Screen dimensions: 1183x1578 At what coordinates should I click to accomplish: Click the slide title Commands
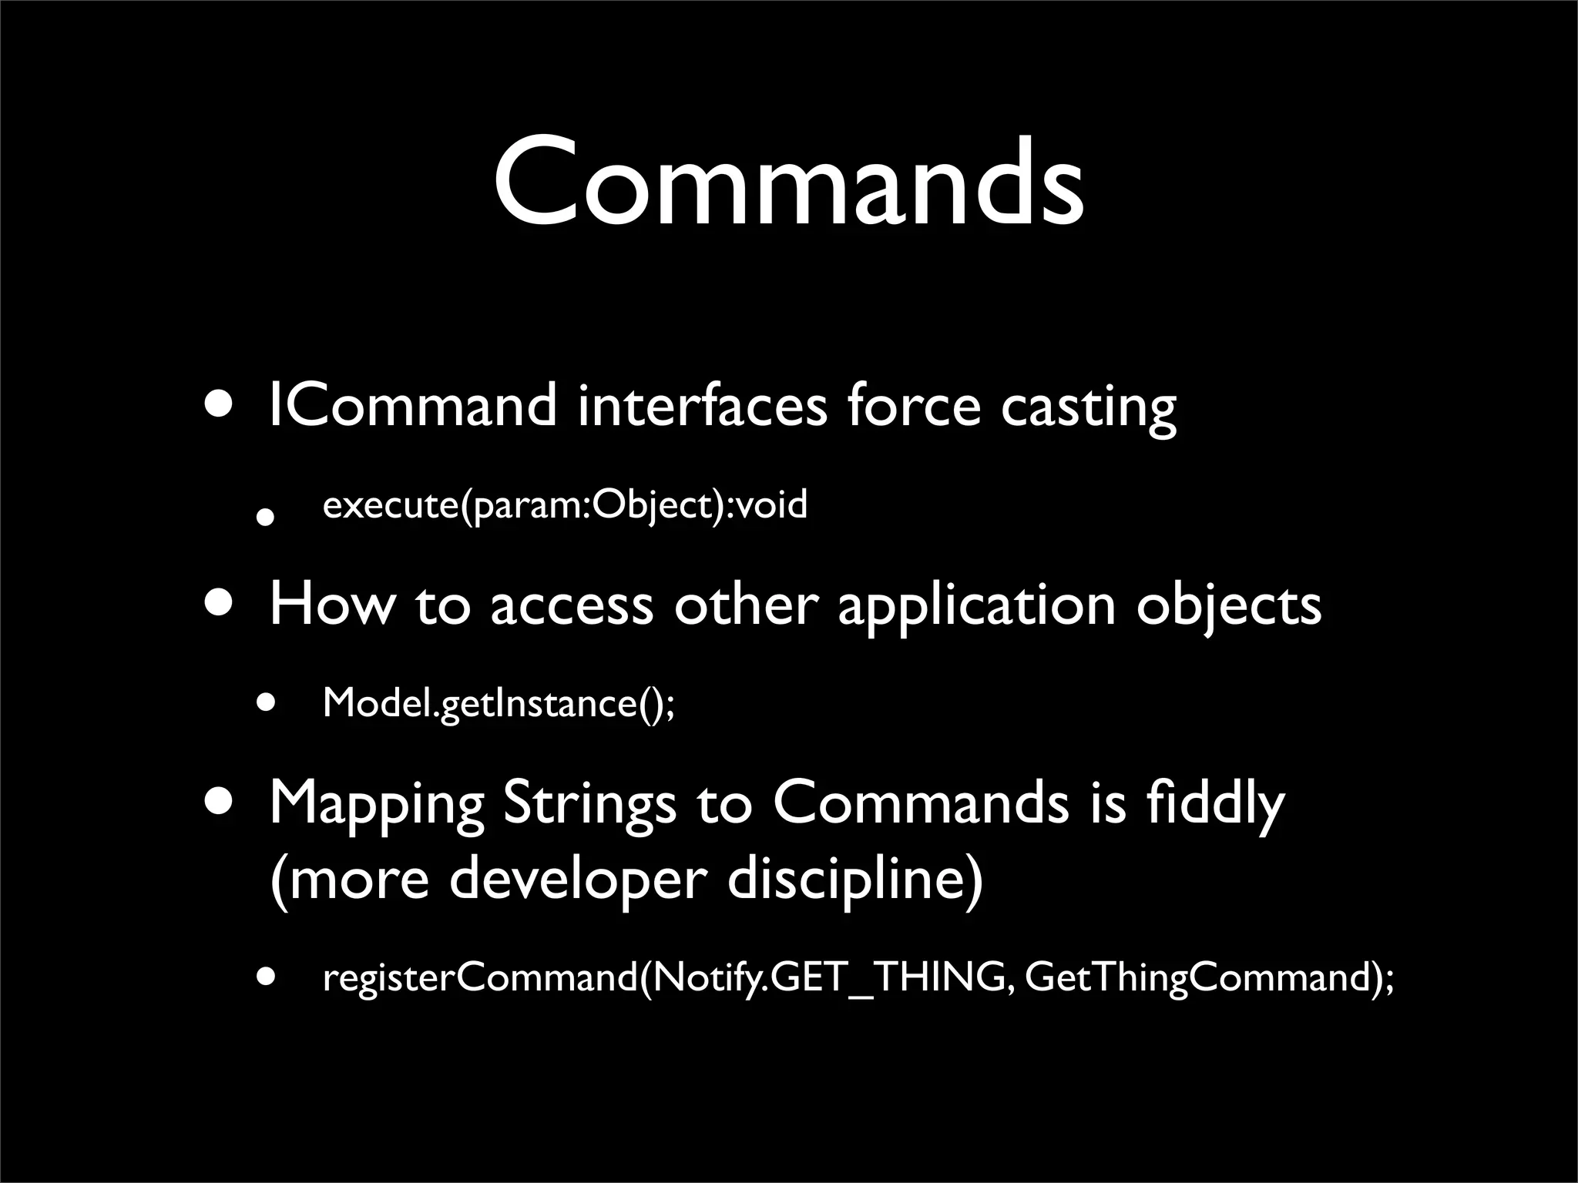tap(789, 183)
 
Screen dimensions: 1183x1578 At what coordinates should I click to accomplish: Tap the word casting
tap(1088, 408)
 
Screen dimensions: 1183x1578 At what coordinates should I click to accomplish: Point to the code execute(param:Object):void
tap(565, 506)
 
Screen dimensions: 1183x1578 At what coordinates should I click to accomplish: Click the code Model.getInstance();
tap(499, 703)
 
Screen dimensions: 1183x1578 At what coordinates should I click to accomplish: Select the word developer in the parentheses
tap(577, 880)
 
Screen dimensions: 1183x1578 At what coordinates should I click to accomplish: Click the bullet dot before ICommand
tap(221, 406)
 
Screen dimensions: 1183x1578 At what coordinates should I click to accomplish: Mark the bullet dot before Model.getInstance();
tap(266, 702)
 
